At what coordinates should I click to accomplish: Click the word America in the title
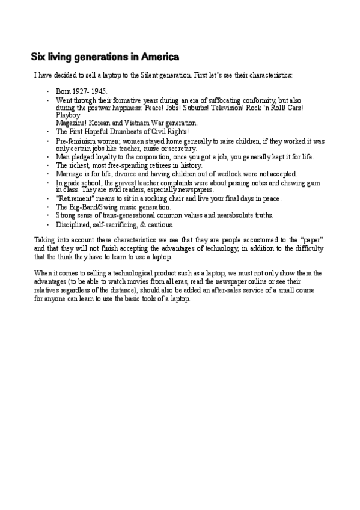tap(160, 58)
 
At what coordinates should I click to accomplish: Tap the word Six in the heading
tap(39, 58)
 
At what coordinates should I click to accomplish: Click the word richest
tap(81, 165)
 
